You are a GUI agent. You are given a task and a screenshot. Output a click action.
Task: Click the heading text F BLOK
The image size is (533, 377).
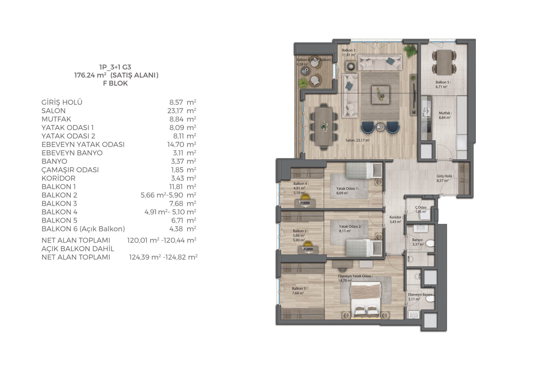(115, 83)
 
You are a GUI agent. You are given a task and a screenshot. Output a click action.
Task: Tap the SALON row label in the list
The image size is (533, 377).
(54, 111)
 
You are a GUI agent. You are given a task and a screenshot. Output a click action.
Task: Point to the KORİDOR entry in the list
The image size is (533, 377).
(59, 178)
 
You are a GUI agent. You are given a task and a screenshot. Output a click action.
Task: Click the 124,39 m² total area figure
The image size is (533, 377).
(145, 257)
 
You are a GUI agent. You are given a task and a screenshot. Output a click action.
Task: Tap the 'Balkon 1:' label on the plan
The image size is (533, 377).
(349, 50)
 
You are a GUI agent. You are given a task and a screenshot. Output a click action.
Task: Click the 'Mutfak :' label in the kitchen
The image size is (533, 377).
(445, 113)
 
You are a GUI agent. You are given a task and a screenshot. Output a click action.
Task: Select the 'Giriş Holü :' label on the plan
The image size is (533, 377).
(445, 176)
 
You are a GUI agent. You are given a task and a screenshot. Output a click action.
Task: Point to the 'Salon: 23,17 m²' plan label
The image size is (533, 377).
(358, 140)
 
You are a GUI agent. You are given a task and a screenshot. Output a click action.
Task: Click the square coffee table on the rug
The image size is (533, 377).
(380, 95)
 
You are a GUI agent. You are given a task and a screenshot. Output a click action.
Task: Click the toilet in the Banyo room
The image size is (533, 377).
(429, 244)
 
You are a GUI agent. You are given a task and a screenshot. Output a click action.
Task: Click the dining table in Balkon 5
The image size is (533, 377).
(444, 62)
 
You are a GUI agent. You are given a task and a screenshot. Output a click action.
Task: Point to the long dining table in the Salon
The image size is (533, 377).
(324, 126)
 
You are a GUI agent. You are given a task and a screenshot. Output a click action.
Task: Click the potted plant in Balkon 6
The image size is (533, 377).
(303, 82)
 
